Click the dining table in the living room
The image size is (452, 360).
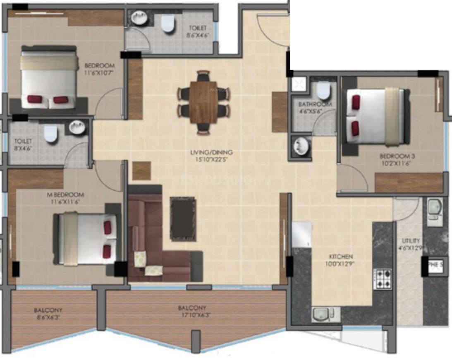click(x=203, y=102)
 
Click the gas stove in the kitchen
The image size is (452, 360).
click(x=383, y=279)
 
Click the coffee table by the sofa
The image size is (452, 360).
click(x=183, y=218)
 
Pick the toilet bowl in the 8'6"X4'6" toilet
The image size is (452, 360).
click(x=167, y=24)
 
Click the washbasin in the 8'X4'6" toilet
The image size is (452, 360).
click(x=77, y=127)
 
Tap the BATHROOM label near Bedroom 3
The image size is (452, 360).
click(x=315, y=104)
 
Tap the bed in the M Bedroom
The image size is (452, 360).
click(x=87, y=239)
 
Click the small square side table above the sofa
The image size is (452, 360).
click(x=141, y=171)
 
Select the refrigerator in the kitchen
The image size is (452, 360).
click(x=301, y=234)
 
